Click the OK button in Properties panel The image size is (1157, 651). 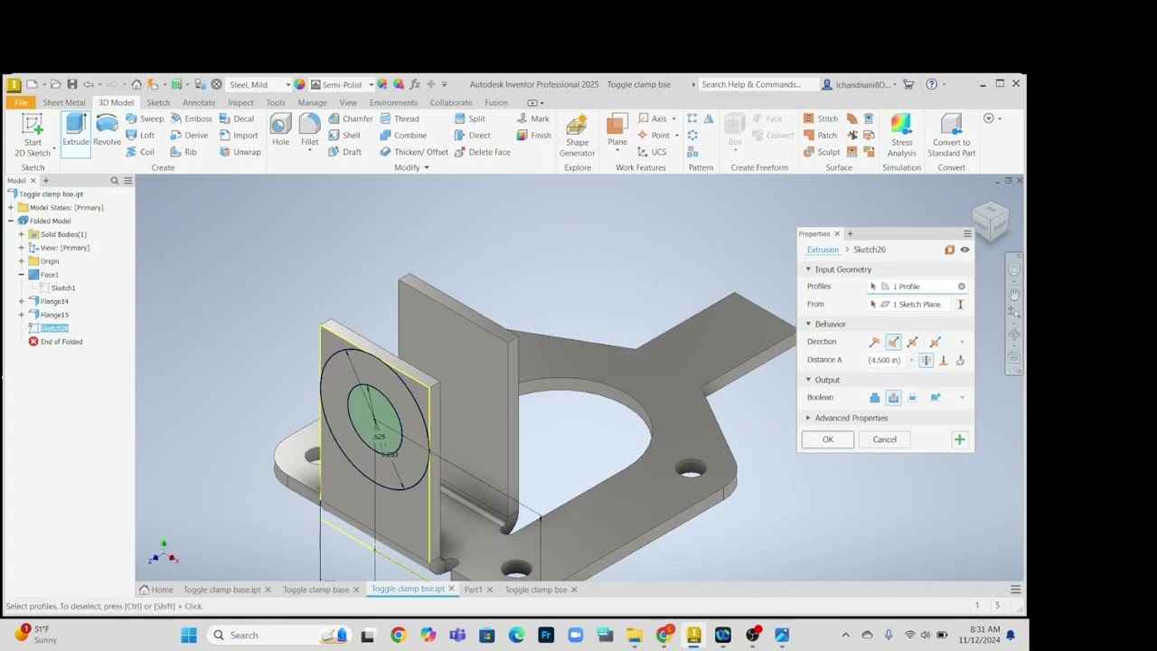coord(827,439)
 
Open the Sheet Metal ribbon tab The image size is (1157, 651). coord(64,102)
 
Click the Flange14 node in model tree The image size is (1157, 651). coord(54,301)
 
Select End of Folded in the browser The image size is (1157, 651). coord(61,342)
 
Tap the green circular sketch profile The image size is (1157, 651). coord(374,418)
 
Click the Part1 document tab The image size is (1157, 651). coord(473,590)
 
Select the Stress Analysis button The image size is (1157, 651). coord(901,135)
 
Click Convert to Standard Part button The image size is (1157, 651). coord(951,135)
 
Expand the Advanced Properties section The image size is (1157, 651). coord(850,418)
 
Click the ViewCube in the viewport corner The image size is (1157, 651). coord(990,220)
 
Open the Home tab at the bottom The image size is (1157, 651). coord(157,590)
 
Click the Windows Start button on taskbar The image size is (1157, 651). coord(189,635)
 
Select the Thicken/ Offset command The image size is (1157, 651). coord(414,152)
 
